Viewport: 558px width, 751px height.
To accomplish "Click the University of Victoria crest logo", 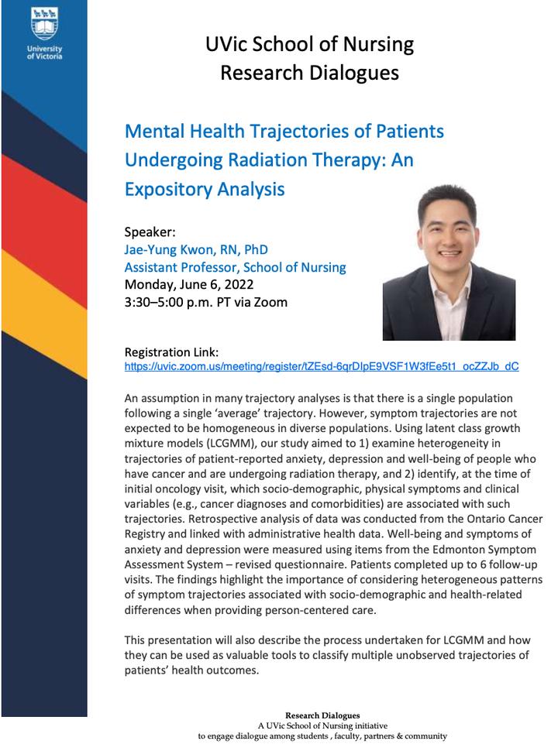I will pos(43,24).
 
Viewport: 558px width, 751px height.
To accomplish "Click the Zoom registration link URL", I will pos(322,366).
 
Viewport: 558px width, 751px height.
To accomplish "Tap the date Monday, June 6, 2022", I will pos(188,284).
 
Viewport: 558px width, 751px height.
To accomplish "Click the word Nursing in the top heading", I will pos(381,44).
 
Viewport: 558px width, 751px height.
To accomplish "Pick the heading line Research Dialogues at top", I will pos(310,74).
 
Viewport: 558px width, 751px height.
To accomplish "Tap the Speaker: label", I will pos(150,231).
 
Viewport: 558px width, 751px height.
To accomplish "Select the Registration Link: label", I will pos(171,351).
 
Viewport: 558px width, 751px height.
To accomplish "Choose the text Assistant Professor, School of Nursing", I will pos(235,267).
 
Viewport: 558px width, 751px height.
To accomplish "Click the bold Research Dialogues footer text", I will pos(322,715).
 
